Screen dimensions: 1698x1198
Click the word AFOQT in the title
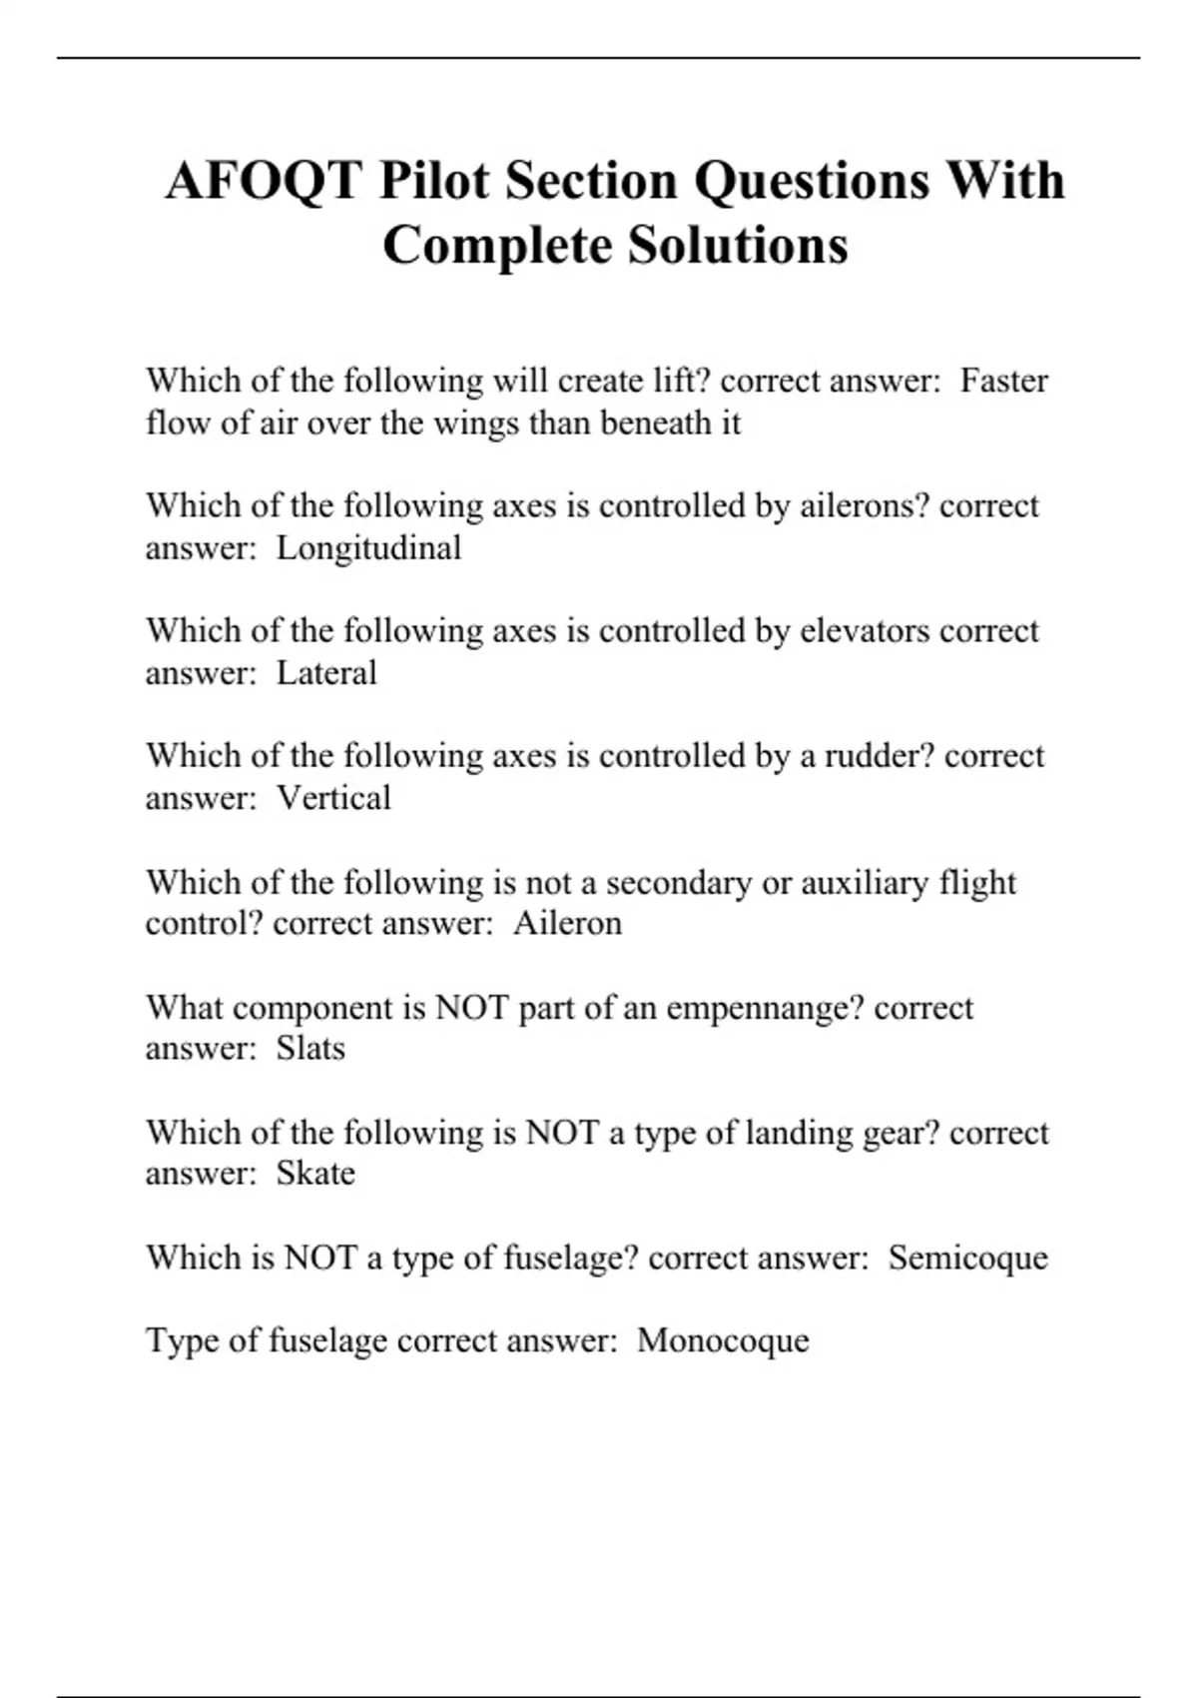click(x=264, y=181)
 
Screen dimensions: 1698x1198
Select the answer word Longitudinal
click(x=368, y=547)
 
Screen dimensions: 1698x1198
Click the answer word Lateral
click(x=326, y=672)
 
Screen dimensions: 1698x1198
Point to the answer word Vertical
click(x=333, y=797)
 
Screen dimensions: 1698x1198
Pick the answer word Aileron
click(x=567, y=922)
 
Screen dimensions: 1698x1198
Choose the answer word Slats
click(x=310, y=1048)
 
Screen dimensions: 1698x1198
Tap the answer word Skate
click(x=315, y=1173)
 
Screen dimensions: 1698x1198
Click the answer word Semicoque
click(x=967, y=1257)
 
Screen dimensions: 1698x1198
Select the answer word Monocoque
click(x=723, y=1339)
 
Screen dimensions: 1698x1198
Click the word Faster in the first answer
click(x=1003, y=381)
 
